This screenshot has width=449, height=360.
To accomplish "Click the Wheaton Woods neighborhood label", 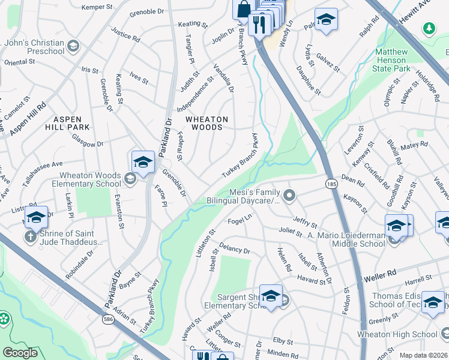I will click(206, 123).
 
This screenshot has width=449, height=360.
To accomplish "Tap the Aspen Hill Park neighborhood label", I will click(67, 123).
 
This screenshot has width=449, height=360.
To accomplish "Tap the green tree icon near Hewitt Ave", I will click(429, 28).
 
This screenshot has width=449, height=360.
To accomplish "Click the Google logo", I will click(20, 353).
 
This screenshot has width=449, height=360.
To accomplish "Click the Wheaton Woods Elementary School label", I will click(89, 180).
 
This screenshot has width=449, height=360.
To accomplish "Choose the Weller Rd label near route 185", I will click(381, 275).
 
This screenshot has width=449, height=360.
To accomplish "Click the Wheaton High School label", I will click(406, 334).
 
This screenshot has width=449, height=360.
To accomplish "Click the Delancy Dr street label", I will click(234, 248).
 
